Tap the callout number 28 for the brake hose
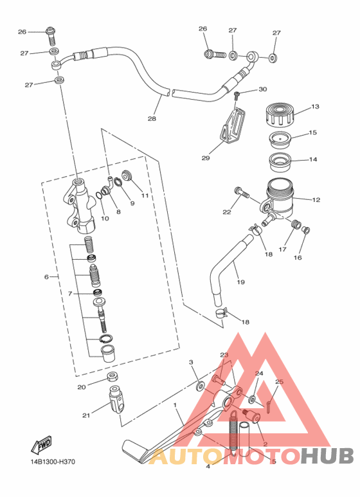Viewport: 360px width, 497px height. pos(152,118)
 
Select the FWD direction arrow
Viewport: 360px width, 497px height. pos(41,445)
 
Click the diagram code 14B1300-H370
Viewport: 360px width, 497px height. pos(53,462)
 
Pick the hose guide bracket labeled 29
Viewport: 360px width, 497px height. pos(234,125)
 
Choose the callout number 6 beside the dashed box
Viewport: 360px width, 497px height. pos(46,277)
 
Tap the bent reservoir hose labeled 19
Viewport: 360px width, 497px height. pos(229,269)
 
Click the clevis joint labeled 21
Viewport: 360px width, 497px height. pos(117,399)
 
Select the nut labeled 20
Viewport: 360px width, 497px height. pos(113,377)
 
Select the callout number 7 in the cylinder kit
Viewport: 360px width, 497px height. pos(70,294)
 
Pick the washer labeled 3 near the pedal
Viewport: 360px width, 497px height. pos(200,386)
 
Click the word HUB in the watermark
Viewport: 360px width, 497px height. pos(327,456)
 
